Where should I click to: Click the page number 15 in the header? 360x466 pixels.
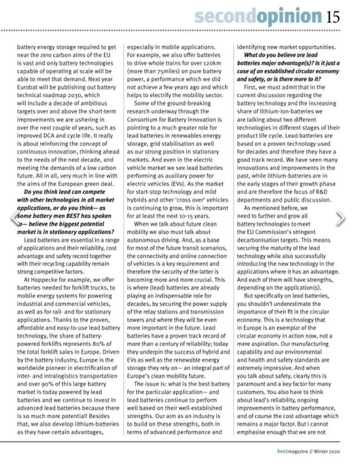333,16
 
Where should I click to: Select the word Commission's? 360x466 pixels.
283,232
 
